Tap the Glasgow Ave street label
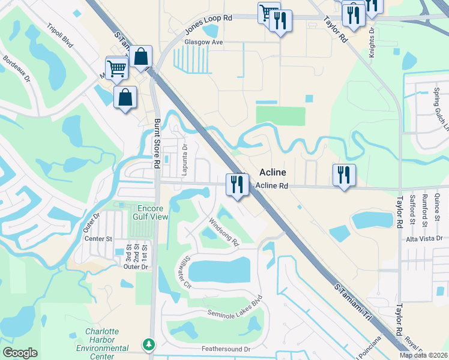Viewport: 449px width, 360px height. point(204,43)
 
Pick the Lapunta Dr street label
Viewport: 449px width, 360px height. point(185,154)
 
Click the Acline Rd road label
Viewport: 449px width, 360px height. point(272,186)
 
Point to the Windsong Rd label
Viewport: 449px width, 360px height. point(224,232)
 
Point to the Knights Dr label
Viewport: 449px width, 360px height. point(372,37)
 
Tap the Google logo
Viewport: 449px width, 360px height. point(20,352)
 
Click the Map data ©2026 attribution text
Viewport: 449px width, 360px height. point(423,355)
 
